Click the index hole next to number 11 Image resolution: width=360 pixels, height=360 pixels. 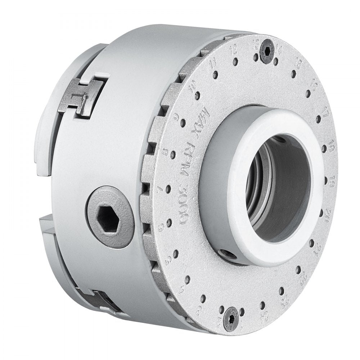tap(215, 75)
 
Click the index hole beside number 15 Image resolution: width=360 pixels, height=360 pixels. tap(293, 75)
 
